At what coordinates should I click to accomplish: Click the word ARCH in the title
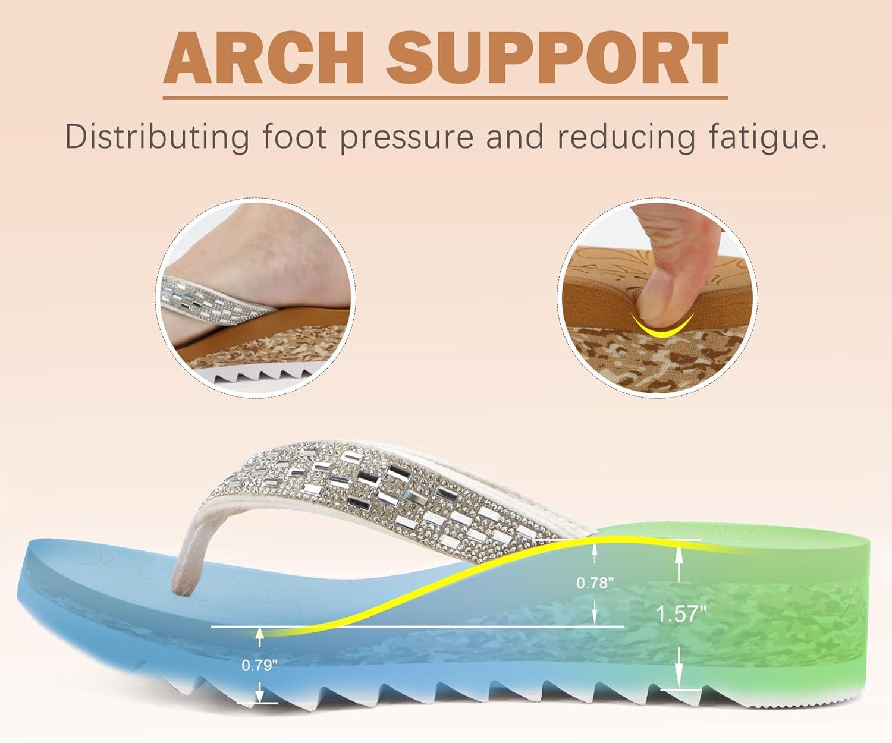[263, 57]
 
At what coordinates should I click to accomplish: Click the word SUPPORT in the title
[557, 57]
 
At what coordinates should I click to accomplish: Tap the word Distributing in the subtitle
[157, 137]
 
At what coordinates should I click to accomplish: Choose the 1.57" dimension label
[681, 614]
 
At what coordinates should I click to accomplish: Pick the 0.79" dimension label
[259, 665]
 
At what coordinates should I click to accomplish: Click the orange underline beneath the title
[445, 98]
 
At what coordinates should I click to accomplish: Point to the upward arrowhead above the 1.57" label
[679, 553]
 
